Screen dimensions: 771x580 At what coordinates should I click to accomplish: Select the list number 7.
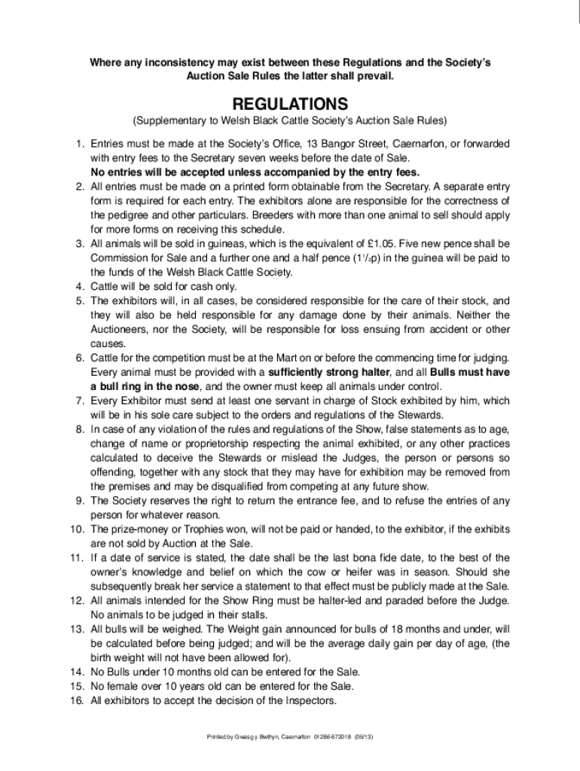click(78, 400)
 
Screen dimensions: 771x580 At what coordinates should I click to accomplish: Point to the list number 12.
click(76, 599)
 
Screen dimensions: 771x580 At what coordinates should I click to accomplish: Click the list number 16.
click(76, 700)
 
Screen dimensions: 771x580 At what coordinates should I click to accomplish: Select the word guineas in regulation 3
click(228, 244)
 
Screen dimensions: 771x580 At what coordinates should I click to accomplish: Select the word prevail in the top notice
click(375, 77)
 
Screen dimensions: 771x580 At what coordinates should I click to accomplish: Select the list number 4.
click(78, 286)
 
